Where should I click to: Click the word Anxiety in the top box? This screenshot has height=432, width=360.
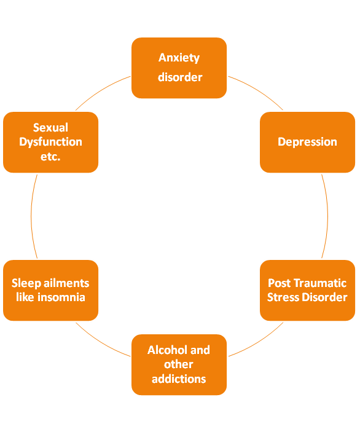coord(179,58)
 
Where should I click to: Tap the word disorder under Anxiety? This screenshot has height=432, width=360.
coord(180,77)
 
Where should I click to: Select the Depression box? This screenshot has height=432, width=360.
coord(307,142)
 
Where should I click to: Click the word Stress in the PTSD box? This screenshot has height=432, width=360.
coord(283,297)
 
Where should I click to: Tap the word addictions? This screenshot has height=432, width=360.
coord(179,379)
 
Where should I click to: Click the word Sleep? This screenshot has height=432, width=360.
coord(26,283)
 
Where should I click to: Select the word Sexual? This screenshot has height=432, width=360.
coord(50,128)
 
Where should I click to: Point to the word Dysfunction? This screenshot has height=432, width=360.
coord(50,142)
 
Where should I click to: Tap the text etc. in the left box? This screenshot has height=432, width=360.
coord(50,157)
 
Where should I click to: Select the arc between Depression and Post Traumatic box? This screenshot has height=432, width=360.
coord(328,216)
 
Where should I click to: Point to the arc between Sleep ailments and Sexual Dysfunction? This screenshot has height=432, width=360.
coord(31,216)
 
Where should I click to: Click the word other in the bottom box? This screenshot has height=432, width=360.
coord(179,364)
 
